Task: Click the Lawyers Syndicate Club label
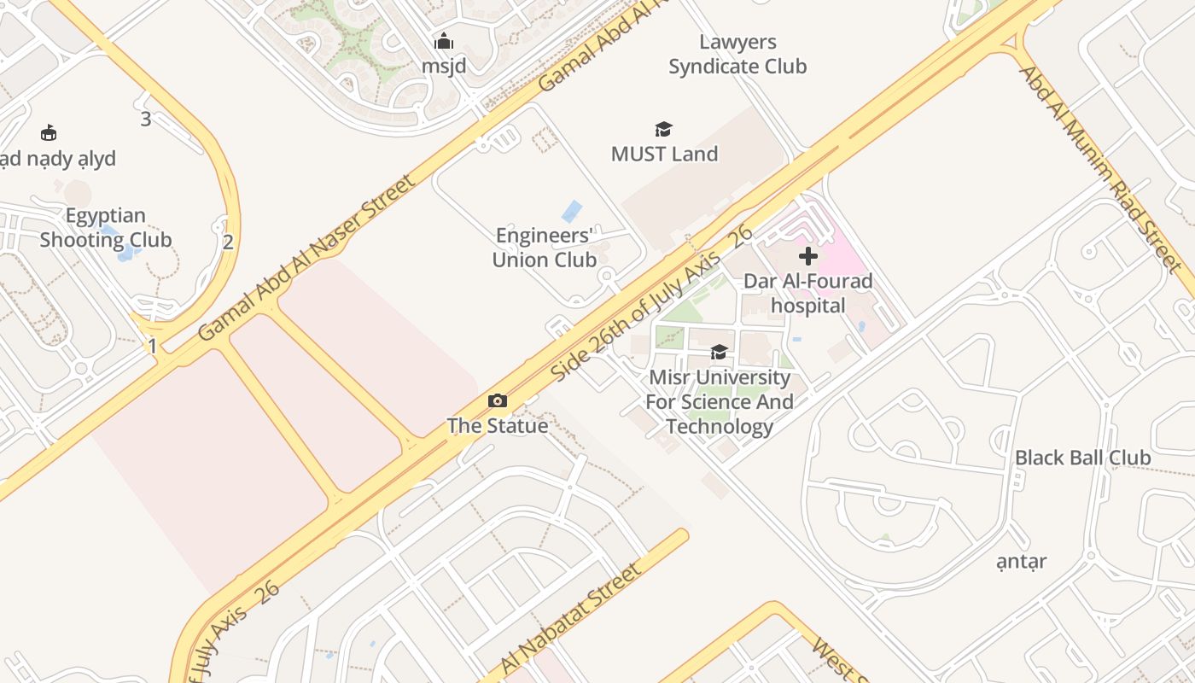point(737,54)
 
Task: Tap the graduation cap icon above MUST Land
point(663,129)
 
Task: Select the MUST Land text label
point(664,154)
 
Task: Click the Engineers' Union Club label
point(544,248)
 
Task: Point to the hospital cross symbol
point(807,255)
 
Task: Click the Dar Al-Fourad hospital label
point(807,293)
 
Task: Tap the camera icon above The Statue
point(497,400)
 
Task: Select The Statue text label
point(497,425)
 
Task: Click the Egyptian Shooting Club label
point(106,227)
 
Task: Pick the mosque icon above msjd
point(444,41)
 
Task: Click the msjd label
point(444,66)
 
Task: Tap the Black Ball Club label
point(1082,458)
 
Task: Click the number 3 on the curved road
point(146,120)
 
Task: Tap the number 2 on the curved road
point(228,242)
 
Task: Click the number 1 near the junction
point(153,346)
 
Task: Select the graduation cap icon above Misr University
point(719,352)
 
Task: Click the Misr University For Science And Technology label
point(719,401)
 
